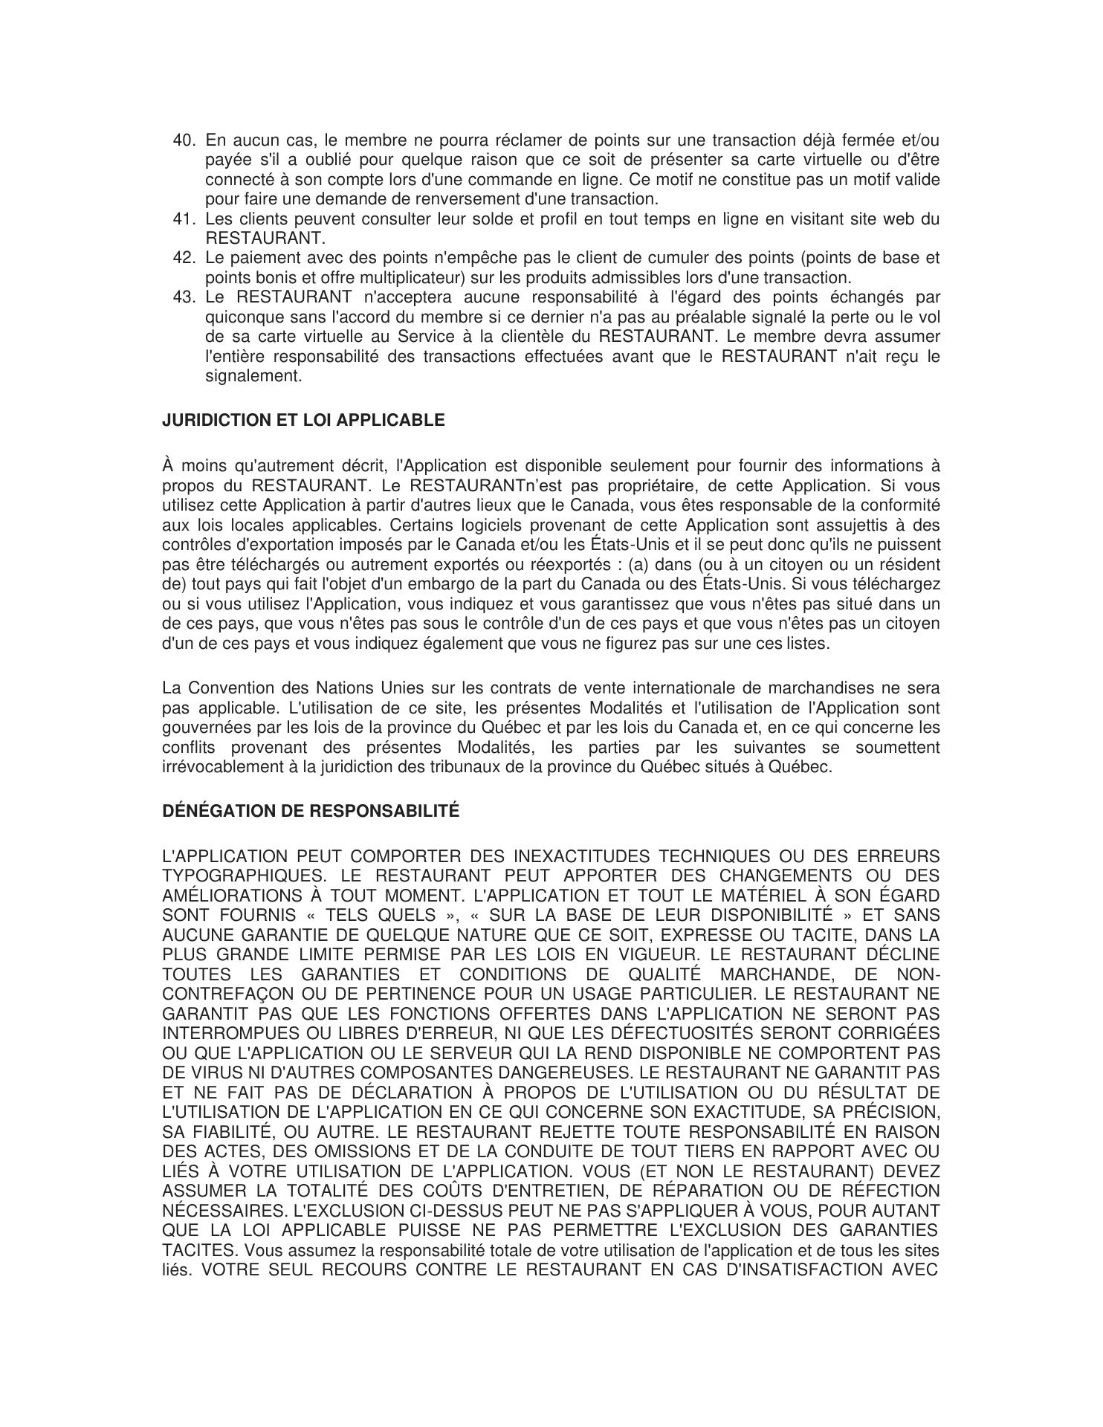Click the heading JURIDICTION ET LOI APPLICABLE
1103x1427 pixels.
click(303, 421)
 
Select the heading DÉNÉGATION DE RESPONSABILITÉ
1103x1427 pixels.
click(311, 811)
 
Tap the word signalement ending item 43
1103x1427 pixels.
click(253, 376)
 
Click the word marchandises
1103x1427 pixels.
click(821, 687)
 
